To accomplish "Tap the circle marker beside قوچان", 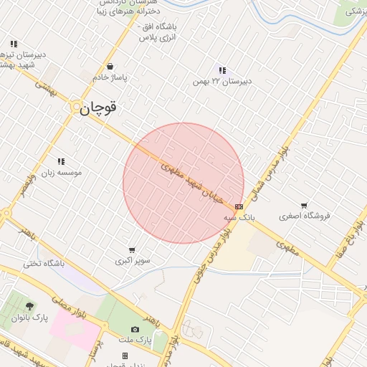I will (x=76, y=107).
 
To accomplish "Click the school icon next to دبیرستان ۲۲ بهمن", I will (x=222, y=70).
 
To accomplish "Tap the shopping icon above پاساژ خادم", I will (x=109, y=66).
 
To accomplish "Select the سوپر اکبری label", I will (x=133, y=261).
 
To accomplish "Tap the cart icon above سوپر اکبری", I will (x=132, y=250).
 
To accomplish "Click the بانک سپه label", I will (x=239, y=216).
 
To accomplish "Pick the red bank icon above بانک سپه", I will (x=239, y=206).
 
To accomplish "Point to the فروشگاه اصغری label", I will (x=301, y=216).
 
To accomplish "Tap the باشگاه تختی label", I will (x=44, y=264).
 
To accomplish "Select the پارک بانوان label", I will (x=29, y=318).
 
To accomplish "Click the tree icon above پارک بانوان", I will (x=29, y=306).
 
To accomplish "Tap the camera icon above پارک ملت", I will (x=135, y=329).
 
